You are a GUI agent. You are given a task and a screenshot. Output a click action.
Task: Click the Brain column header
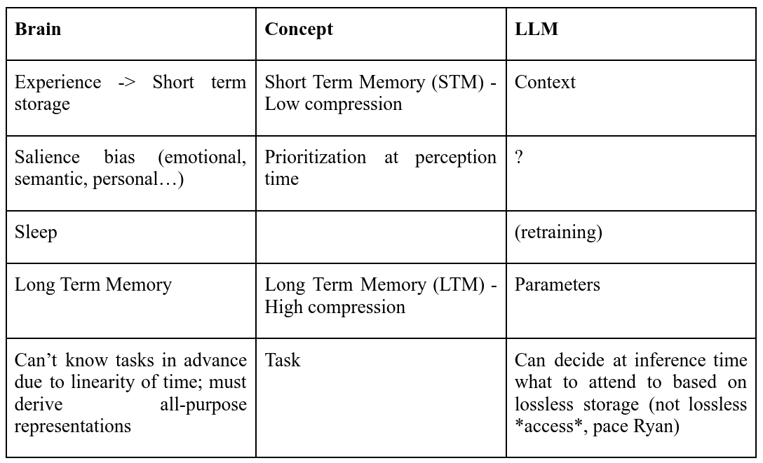point(38,29)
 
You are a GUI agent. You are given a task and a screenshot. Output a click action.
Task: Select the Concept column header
point(299,29)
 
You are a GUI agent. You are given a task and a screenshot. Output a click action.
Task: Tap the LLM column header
point(536,29)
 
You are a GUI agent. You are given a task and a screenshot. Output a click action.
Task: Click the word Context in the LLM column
point(545,82)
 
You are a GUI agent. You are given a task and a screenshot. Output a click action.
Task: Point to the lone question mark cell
point(519,157)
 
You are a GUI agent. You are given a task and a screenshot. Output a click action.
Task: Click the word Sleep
point(36,233)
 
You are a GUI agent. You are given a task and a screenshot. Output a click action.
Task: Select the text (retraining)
point(559,233)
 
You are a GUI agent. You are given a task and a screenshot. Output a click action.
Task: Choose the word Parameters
point(558,284)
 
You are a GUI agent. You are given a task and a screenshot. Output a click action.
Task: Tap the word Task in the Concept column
point(283,360)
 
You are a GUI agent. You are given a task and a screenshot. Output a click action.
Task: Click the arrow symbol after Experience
point(126,83)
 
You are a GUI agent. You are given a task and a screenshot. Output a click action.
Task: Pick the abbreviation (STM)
point(458,82)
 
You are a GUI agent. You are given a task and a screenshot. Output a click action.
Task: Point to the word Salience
point(47,157)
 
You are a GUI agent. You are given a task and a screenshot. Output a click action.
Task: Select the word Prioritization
point(316,157)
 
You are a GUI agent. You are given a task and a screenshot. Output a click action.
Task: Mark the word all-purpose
point(203,405)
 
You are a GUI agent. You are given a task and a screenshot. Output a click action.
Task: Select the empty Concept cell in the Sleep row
point(381,237)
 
